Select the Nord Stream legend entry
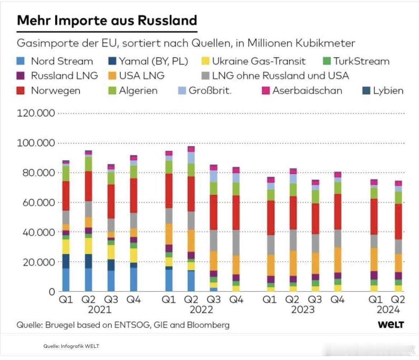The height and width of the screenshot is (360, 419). coord(61,61)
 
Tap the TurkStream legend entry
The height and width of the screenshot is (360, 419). coord(361,61)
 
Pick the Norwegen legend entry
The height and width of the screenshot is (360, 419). coord(55,90)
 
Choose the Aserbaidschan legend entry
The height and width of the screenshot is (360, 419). coord(307,90)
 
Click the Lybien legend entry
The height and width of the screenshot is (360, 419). coord(388,90)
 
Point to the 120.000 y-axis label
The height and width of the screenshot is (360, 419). coord(36,113)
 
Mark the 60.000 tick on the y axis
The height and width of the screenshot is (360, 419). coord(36,202)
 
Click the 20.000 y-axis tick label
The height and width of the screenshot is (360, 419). coord(36,262)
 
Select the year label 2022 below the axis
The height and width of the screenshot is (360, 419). coord(202,310)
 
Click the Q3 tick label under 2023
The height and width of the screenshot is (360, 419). coord(315,300)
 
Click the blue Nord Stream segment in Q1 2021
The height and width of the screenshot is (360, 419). coord(66,280)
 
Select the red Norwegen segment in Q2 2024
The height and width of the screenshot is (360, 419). coord(398,221)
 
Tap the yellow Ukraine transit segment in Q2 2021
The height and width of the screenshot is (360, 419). coord(88,246)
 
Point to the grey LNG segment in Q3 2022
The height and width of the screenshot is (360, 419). coord(214,240)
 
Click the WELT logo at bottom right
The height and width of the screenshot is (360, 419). coord(391,325)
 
